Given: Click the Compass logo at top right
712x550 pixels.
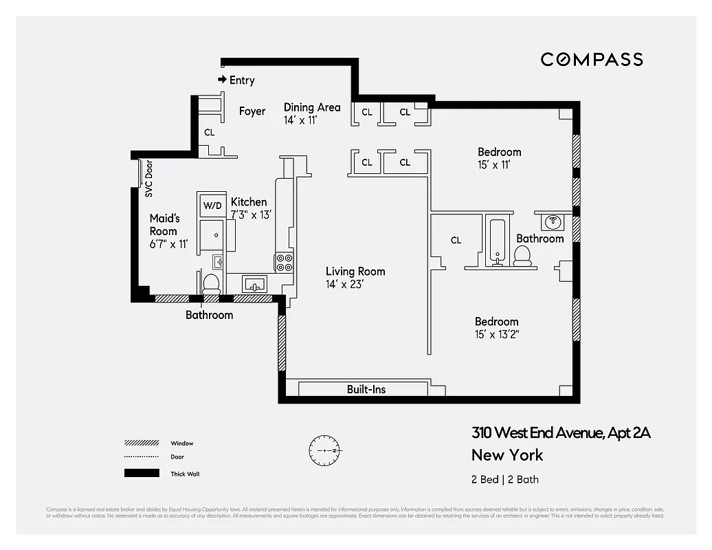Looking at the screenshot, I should click(x=591, y=60).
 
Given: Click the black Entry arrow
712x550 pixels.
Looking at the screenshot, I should click(x=223, y=80).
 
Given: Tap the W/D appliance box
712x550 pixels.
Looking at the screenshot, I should click(x=211, y=205).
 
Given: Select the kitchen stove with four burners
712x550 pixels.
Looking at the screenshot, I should click(x=284, y=263).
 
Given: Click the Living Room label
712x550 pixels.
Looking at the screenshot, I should click(x=355, y=272).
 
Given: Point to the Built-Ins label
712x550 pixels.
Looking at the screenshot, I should click(x=366, y=389).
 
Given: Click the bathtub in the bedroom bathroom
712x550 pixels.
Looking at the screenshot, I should click(x=495, y=241).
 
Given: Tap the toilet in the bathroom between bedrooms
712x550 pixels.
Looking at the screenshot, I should click(x=522, y=255).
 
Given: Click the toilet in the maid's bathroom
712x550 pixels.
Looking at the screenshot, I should click(x=211, y=283).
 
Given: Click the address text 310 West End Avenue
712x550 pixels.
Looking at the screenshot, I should click(x=560, y=433).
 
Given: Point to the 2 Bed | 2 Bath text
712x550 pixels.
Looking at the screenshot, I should click(x=505, y=480).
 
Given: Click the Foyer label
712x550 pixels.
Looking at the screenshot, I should click(x=252, y=111).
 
